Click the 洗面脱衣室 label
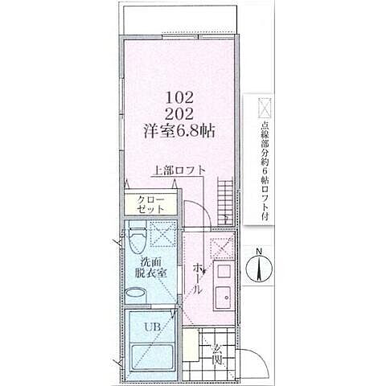tap(151, 268)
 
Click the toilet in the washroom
tap(136, 240)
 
